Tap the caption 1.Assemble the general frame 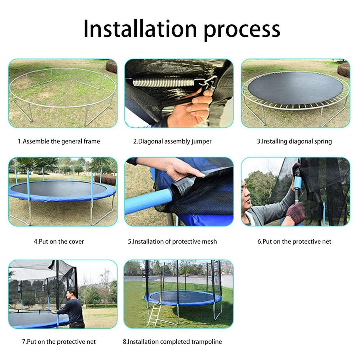59,141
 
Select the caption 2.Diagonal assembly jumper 172,141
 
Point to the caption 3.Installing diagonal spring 294,141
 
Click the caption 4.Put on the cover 59,241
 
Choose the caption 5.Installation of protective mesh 172,241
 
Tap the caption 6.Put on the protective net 294,241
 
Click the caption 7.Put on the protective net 59,342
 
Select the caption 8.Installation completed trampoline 172,342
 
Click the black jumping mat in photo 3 295,87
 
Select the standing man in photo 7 73,308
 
